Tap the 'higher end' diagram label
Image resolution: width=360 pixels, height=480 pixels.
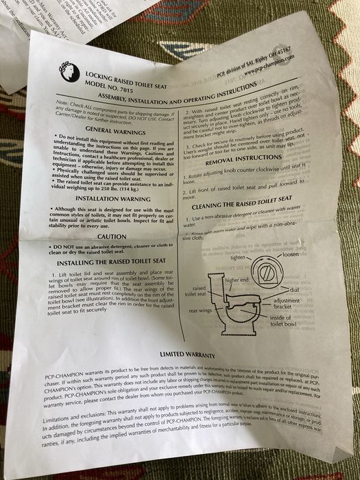pyautogui.click(x=236, y=281)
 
